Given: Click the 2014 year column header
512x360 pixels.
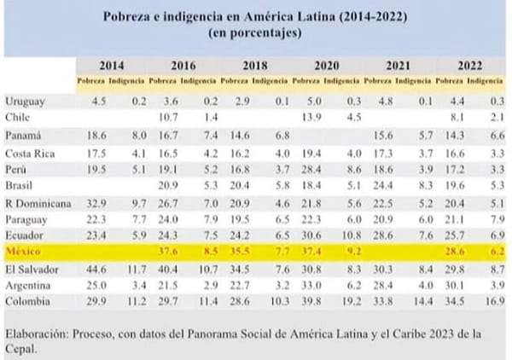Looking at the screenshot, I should pyautogui.click(x=110, y=66).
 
